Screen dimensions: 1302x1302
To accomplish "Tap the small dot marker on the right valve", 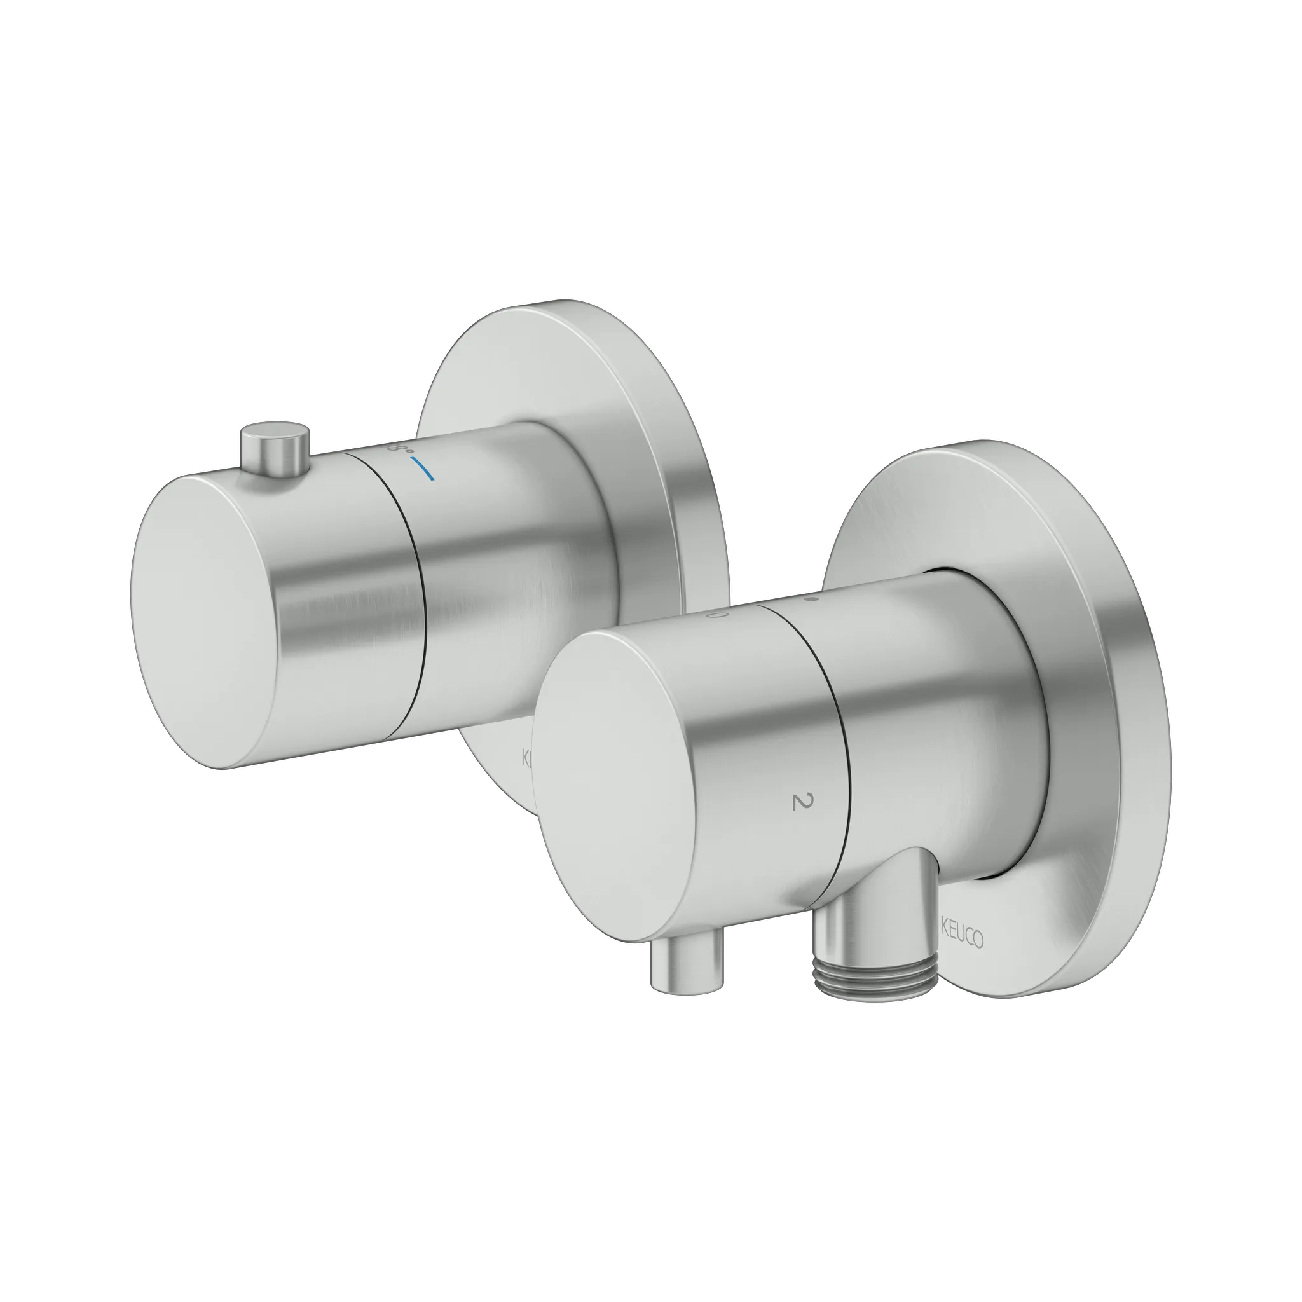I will (x=812, y=597).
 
